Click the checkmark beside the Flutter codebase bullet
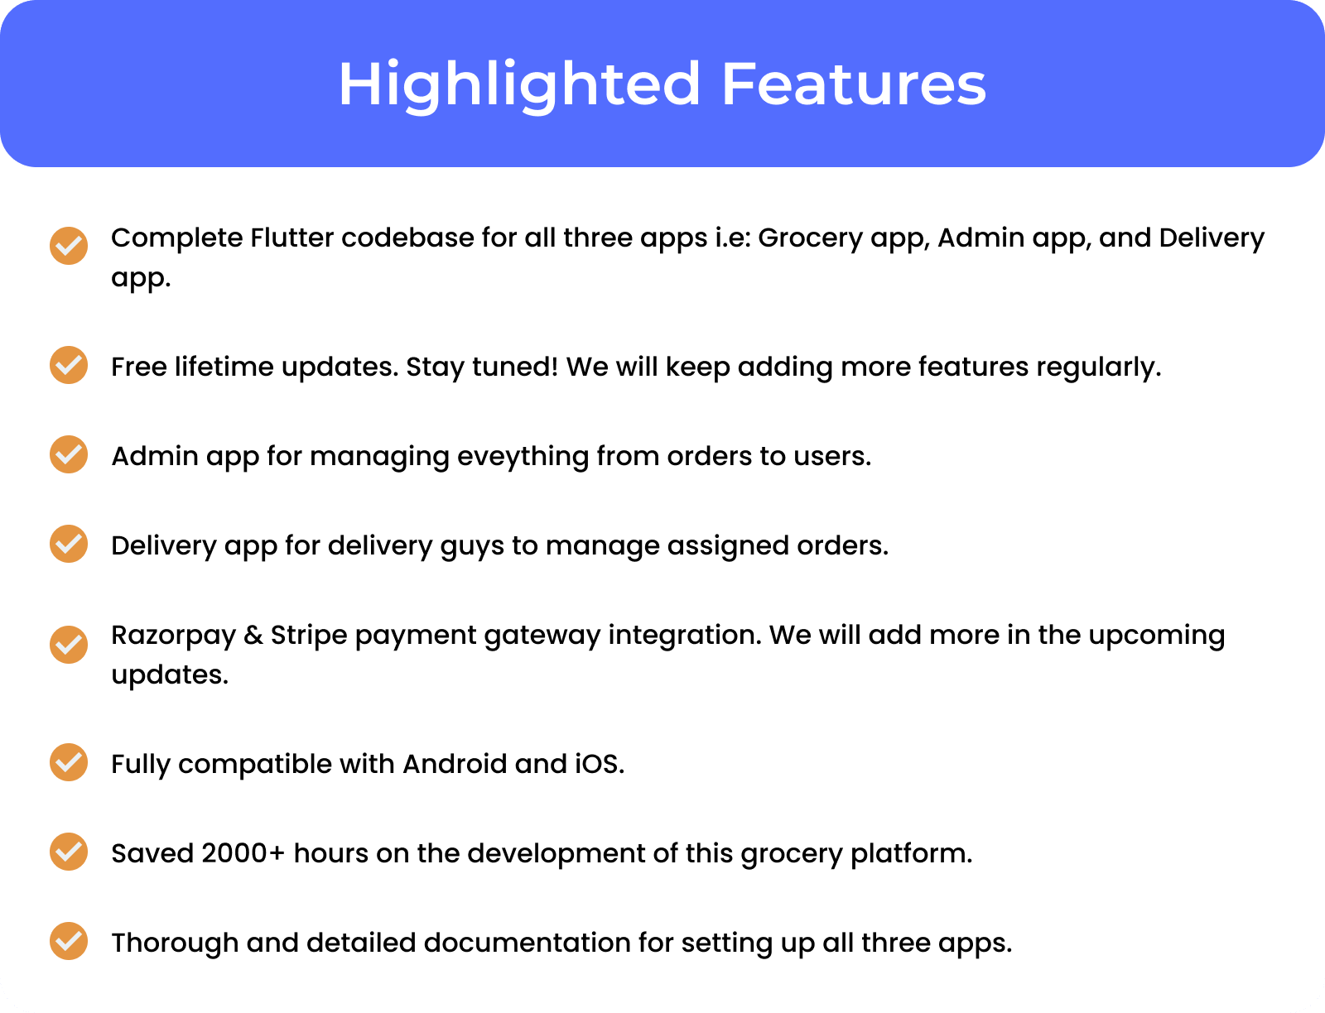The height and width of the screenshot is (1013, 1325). (x=69, y=246)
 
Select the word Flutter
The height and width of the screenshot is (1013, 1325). (x=291, y=238)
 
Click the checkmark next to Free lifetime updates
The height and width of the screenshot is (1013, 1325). (x=69, y=365)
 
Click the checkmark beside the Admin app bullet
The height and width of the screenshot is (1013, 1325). (x=69, y=454)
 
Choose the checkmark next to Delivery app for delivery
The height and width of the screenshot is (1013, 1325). (x=69, y=544)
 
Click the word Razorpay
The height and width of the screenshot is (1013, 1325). (x=173, y=636)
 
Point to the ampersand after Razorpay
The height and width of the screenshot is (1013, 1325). (x=253, y=636)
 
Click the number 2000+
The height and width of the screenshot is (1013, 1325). (x=243, y=853)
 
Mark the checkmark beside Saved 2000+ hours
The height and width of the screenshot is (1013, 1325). (x=69, y=852)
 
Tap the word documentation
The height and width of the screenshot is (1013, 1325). (x=528, y=943)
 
